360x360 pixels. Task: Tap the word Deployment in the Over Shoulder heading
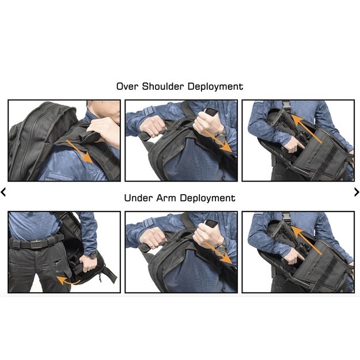point(215,87)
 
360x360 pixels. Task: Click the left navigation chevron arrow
point(3,192)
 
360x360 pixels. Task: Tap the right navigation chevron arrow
point(357,192)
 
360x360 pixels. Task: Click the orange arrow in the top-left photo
point(79,151)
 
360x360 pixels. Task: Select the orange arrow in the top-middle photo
point(218,141)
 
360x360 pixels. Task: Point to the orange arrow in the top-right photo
point(306,128)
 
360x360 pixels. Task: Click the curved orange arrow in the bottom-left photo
point(68,281)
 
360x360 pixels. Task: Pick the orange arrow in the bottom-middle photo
point(218,253)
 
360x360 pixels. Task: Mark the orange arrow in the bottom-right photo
point(306,240)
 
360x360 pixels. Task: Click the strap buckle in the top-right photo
point(286,106)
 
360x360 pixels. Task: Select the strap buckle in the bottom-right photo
point(286,217)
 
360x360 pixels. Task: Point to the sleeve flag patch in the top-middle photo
point(148,112)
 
